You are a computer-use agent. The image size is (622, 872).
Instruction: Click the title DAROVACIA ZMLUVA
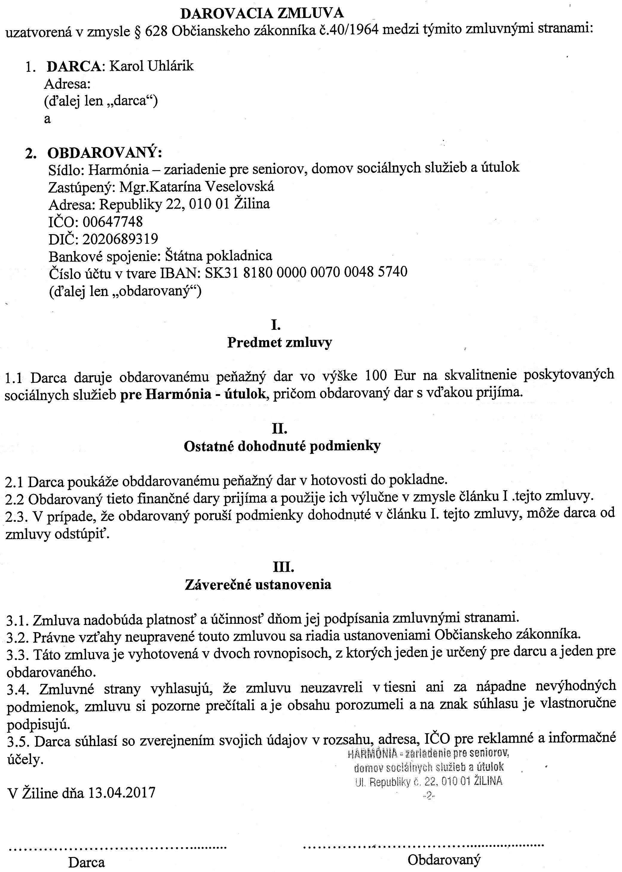(x=262, y=14)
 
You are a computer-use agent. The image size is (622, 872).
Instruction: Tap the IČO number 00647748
(x=113, y=222)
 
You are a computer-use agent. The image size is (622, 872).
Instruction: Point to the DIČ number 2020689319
(x=120, y=239)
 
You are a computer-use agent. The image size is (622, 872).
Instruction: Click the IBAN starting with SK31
(x=306, y=272)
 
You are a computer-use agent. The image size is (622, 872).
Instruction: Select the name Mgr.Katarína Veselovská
(x=197, y=187)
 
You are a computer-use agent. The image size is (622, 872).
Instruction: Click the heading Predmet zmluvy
(x=280, y=342)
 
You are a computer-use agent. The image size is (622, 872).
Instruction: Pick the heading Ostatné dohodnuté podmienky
(x=282, y=446)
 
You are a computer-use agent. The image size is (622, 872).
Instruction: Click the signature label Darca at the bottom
(x=87, y=862)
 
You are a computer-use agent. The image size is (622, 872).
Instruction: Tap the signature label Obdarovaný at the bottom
(x=444, y=860)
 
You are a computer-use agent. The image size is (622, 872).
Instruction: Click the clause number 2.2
(x=15, y=499)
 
